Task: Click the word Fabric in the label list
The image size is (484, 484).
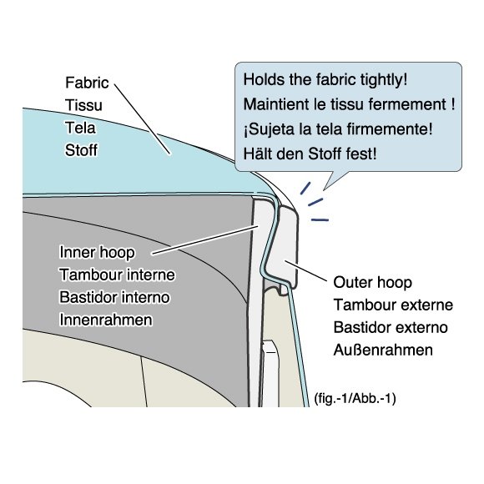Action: pos(87,83)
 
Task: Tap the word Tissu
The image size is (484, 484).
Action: pos(83,105)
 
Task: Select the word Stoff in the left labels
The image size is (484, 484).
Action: pos(81,150)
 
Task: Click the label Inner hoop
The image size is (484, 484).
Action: pos(97,252)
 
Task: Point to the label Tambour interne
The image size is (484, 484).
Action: pos(117,275)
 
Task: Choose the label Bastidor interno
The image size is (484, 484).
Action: pos(114,297)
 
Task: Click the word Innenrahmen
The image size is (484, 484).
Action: pos(106,320)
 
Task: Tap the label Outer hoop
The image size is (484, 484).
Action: pos(372,282)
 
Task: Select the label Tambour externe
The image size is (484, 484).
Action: pos(393,305)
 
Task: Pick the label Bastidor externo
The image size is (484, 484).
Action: pos(391,327)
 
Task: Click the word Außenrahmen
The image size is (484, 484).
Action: pos(383,350)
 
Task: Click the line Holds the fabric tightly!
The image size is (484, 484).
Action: pos(325,79)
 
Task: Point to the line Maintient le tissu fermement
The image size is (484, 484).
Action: pos(349,104)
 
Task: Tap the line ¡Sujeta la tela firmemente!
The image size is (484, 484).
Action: pos(338,129)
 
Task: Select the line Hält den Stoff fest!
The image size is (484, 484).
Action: pos(310,154)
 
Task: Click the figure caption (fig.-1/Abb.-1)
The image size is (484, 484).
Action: pos(355,398)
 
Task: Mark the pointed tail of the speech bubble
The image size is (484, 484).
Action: pos(324,189)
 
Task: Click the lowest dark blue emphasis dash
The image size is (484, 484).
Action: pos(320,220)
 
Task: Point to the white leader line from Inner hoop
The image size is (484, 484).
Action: pos(205,240)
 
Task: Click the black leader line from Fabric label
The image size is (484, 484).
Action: pos(142,118)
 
